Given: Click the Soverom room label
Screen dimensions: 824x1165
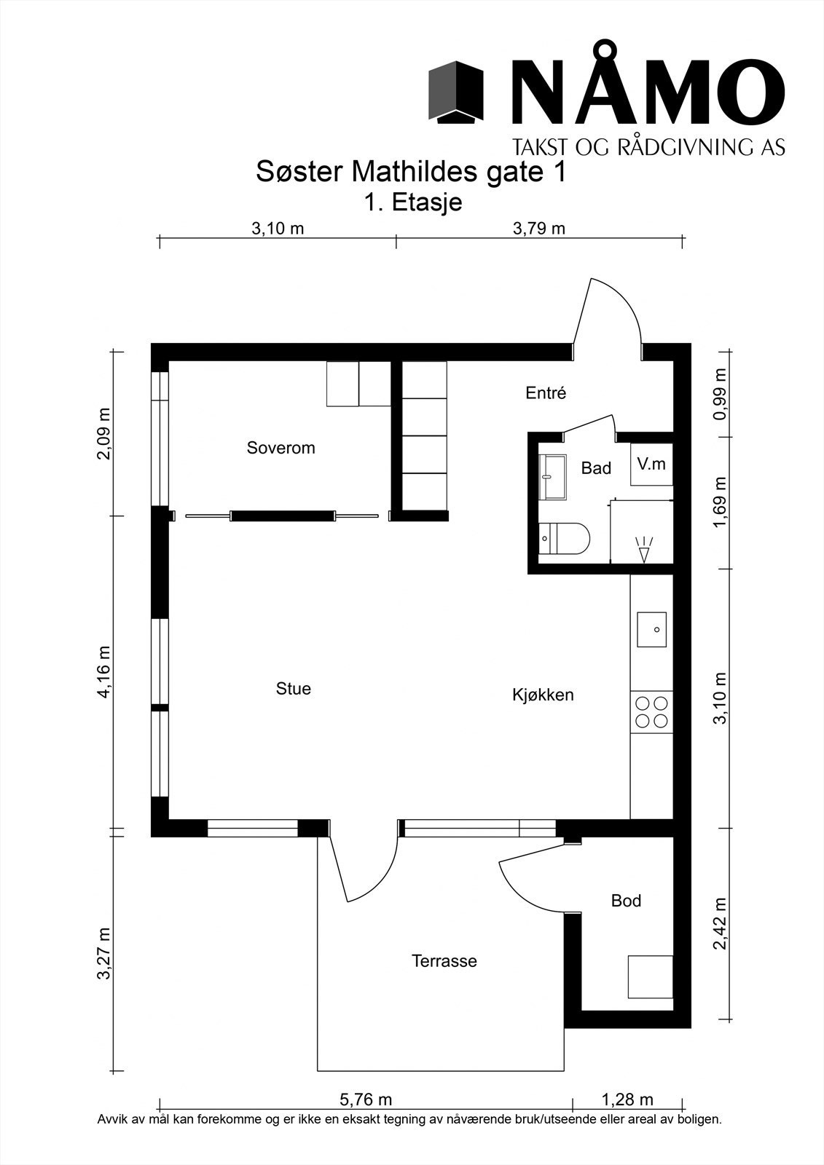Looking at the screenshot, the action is click(280, 448).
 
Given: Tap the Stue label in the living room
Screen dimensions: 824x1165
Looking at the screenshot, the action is click(294, 689).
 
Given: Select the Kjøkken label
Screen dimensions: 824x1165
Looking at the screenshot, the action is click(543, 695).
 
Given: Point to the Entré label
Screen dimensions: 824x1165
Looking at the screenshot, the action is click(546, 392).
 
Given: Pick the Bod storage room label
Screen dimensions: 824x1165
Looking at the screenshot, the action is click(627, 900).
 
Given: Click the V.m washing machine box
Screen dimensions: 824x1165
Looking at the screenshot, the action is click(652, 464).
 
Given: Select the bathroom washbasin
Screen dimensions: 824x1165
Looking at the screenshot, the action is click(552, 477).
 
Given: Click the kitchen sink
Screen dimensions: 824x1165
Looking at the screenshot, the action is click(652, 629).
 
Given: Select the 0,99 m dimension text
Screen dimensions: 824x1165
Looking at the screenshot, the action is click(721, 395).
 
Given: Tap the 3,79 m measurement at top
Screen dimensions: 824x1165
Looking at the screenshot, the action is click(538, 229).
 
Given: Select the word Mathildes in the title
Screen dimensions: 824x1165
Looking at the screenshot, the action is click(415, 173).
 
